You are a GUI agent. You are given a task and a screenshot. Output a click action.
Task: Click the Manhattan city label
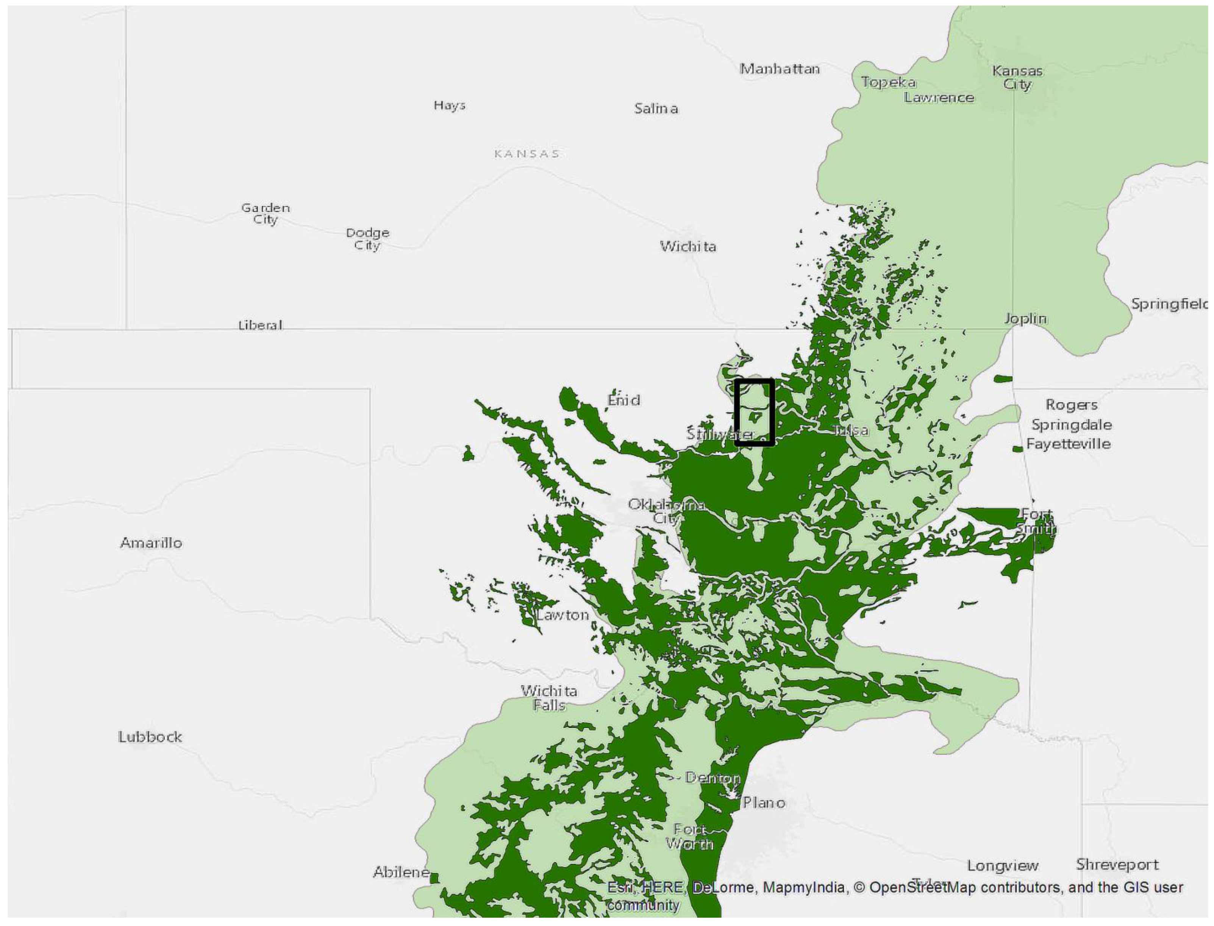779,69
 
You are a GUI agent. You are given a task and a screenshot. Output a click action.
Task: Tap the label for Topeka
888,82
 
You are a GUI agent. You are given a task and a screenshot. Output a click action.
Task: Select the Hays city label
449,105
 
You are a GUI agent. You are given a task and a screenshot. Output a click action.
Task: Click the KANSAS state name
527,154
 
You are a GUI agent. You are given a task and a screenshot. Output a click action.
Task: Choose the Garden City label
265,213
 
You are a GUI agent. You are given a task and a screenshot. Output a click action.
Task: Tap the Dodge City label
367,238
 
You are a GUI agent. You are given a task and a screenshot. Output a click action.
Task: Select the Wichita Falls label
549,697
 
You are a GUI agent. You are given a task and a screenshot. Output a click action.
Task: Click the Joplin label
1025,318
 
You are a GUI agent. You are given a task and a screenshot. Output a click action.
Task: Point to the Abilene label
401,872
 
